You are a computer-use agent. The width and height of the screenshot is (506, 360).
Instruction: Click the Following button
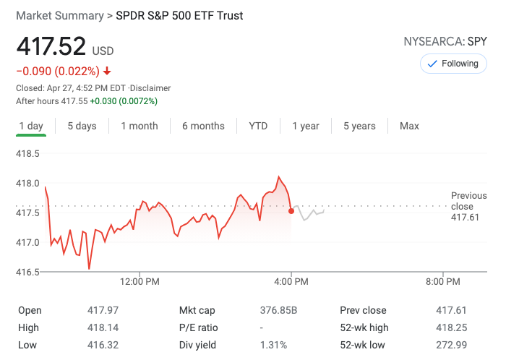[453, 64]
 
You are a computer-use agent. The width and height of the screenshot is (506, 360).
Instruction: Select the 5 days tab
[82, 126]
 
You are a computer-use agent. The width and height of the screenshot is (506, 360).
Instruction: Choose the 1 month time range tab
[140, 126]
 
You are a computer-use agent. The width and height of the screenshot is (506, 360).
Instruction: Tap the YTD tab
[258, 126]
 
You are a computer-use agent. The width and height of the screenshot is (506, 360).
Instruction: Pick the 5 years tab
[359, 126]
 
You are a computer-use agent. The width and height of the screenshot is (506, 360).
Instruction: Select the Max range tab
[409, 126]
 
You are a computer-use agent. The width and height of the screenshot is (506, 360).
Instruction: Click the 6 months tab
[203, 126]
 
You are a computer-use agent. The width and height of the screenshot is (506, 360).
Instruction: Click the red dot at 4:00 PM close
[291, 211]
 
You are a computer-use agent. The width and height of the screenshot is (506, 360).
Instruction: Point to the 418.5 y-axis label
[27, 153]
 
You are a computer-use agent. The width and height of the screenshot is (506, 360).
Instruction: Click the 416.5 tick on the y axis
[27, 272]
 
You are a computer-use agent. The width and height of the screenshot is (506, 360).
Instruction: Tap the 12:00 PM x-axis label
[140, 281]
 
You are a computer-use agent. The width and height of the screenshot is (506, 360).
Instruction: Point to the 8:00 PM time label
[443, 281]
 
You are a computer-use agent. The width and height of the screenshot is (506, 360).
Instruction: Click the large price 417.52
[51, 47]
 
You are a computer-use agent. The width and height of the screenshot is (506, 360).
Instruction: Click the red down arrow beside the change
[107, 71]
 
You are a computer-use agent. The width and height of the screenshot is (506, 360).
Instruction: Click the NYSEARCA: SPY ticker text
[445, 42]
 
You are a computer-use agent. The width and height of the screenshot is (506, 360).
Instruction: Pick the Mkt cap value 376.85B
[278, 310]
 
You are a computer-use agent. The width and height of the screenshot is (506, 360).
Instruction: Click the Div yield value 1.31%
[273, 345]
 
